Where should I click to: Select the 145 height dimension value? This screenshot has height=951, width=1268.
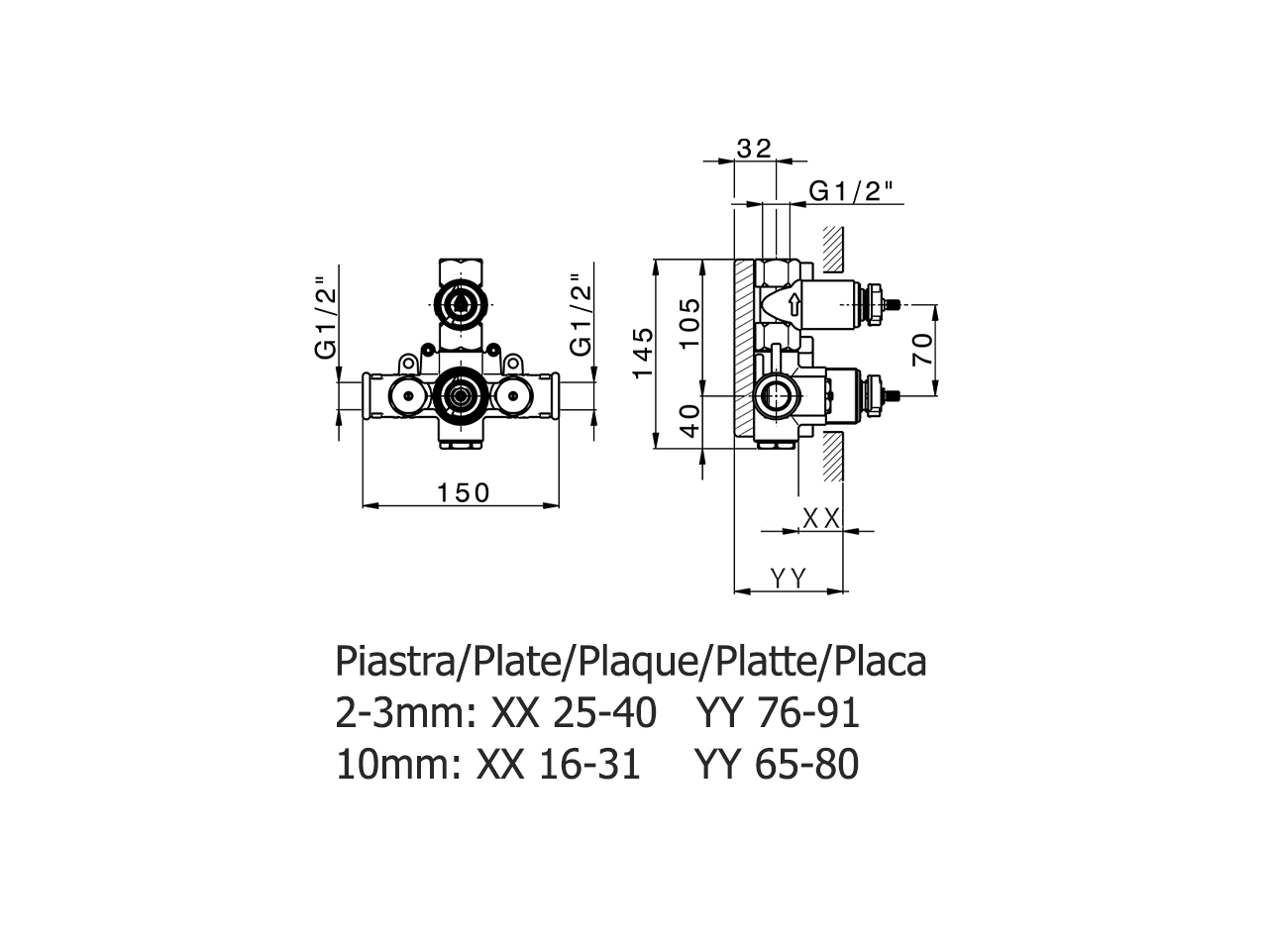pyautogui.click(x=644, y=353)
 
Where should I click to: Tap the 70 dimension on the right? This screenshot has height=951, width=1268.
pyautogui.click(x=923, y=350)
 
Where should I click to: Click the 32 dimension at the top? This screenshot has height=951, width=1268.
pyautogui.click(x=754, y=149)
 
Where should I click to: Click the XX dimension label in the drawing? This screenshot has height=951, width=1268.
pyautogui.click(x=820, y=517)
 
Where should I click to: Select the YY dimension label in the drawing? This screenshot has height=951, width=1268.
pyautogui.click(x=789, y=579)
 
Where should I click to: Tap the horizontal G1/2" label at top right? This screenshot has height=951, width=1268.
pyautogui.click(x=851, y=191)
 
